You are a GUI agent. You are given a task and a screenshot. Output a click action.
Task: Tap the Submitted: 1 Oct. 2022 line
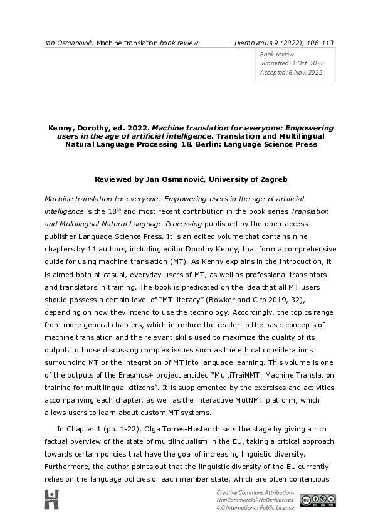pyautogui.click(x=290, y=63)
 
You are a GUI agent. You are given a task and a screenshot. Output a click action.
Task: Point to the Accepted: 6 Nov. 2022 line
pyautogui.click(x=291, y=73)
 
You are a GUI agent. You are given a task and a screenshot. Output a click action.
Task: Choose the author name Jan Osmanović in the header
pyautogui.click(x=68, y=43)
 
